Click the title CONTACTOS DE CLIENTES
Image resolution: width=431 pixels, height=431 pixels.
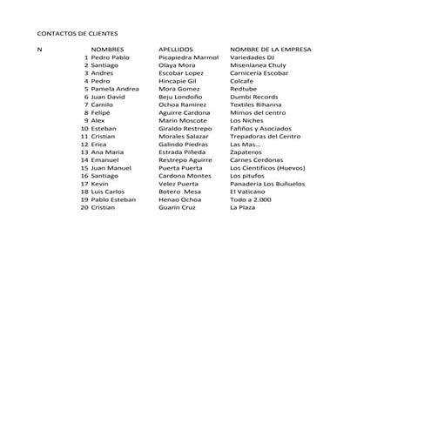click(x=77, y=33)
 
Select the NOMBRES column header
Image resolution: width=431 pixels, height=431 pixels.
click(x=107, y=50)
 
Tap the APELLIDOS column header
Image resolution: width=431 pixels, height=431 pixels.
click(x=176, y=50)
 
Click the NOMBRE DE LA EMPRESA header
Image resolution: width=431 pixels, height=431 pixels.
click(x=270, y=50)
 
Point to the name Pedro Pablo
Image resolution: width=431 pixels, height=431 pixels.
click(x=111, y=57)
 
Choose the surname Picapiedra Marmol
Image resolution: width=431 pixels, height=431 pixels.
click(x=188, y=57)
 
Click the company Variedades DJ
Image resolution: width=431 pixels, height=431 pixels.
click(x=252, y=57)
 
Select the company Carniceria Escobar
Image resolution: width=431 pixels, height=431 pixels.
click(x=259, y=73)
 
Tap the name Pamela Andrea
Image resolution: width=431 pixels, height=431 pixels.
click(x=115, y=89)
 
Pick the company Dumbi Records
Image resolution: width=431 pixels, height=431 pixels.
click(x=254, y=97)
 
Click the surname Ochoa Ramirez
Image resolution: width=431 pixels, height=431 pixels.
click(x=182, y=104)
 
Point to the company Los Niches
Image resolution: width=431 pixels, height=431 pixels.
click(x=247, y=120)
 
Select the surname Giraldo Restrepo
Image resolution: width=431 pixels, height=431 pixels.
click(x=185, y=128)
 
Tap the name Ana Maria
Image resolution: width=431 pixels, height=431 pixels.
click(x=107, y=152)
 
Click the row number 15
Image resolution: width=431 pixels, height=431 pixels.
click(x=84, y=168)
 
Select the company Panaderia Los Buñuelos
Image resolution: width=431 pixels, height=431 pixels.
click(x=267, y=184)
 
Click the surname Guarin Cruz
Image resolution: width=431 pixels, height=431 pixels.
click(x=177, y=207)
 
